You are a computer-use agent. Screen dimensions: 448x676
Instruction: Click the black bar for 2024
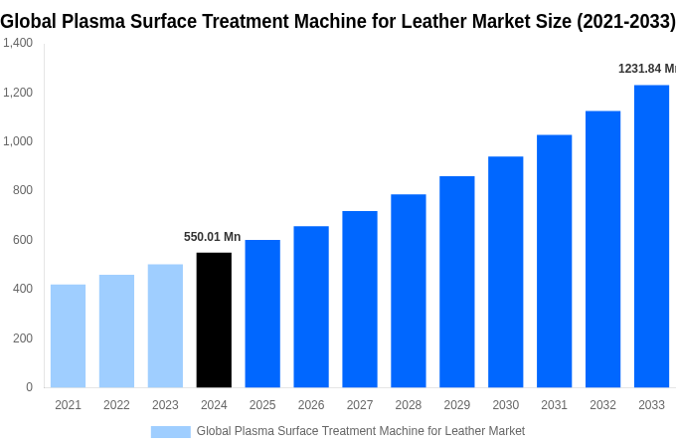coord(214,320)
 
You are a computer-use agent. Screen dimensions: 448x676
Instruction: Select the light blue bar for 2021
coord(68,336)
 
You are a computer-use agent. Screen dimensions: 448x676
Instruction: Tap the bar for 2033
coord(651,236)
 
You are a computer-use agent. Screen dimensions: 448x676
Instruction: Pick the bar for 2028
coord(408,291)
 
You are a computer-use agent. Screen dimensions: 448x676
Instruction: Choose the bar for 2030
coord(505,272)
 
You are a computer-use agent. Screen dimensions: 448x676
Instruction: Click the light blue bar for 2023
coord(165,326)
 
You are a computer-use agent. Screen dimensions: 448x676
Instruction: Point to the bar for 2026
coord(311,307)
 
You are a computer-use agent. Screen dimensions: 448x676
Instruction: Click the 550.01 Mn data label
coord(212,237)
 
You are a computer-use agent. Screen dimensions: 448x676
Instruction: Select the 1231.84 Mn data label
coord(646,69)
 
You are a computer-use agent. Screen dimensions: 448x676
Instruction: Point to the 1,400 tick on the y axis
coord(17,43)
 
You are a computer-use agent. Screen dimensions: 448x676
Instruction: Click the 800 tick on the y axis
coord(22,190)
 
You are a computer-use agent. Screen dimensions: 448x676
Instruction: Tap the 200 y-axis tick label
coord(22,337)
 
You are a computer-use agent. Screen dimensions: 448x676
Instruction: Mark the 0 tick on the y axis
coord(29,387)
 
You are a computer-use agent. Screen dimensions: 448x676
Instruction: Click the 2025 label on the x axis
coord(262,405)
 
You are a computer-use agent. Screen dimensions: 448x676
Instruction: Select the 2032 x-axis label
coord(602,405)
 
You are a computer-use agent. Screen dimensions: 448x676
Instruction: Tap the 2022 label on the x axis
coord(116,405)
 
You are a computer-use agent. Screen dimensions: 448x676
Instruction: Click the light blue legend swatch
coord(170,431)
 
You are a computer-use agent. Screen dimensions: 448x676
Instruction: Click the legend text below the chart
coord(360,431)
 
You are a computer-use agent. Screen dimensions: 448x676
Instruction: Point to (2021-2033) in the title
coord(615,21)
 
